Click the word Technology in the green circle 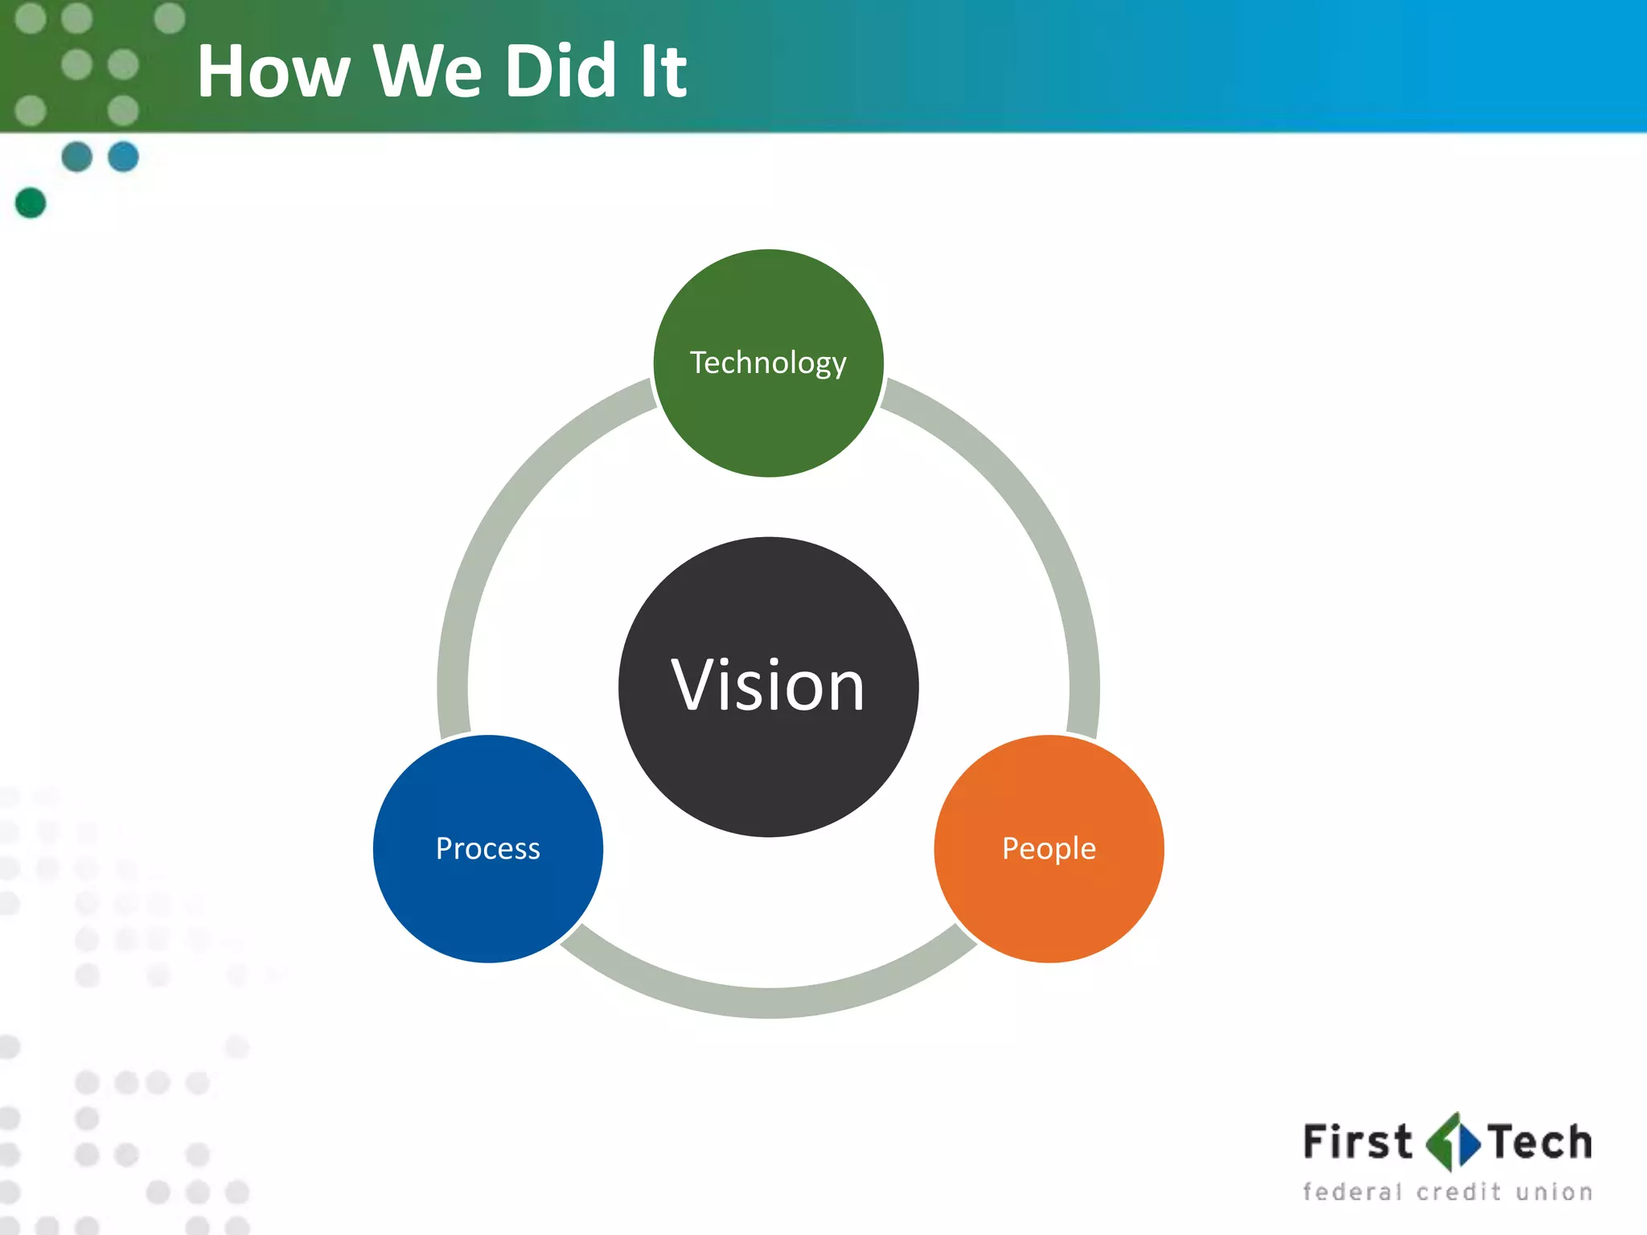coord(768,363)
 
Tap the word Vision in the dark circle coord(768,685)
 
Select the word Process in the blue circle coord(487,848)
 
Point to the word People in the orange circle coord(1049,848)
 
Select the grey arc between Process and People coord(768,1002)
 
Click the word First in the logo coord(1357,1143)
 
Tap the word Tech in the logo coord(1539,1143)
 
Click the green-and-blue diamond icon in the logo coord(1452,1143)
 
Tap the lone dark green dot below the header coord(31,203)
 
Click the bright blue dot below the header coord(123,156)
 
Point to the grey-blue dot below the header coord(76,156)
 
